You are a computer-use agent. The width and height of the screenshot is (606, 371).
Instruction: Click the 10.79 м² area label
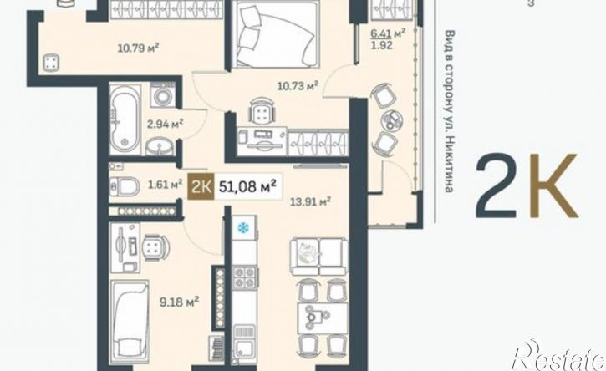click(139, 48)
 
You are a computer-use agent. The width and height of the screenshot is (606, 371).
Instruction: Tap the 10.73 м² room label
click(298, 85)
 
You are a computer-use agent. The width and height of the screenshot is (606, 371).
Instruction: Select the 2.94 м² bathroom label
click(165, 125)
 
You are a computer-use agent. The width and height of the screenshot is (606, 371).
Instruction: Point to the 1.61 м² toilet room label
click(165, 184)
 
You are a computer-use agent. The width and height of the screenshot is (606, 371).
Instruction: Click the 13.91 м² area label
click(311, 201)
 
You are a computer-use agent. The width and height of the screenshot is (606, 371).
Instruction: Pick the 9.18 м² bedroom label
click(180, 302)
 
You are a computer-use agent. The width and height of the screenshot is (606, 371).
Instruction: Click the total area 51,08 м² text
click(247, 186)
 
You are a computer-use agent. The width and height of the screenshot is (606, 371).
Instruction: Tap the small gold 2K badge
click(201, 186)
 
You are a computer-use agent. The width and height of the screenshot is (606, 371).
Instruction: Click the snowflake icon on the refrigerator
click(243, 228)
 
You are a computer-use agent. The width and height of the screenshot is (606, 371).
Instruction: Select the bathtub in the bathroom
click(125, 119)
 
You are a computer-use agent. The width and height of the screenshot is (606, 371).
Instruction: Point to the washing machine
click(163, 94)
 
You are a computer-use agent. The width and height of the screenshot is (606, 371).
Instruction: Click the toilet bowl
click(125, 186)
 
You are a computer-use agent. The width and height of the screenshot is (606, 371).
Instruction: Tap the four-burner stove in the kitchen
click(245, 278)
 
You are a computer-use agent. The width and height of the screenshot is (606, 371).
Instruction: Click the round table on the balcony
click(391, 119)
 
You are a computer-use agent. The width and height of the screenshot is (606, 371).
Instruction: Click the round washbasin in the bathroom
click(160, 146)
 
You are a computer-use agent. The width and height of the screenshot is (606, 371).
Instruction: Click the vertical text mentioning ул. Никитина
click(448, 111)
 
